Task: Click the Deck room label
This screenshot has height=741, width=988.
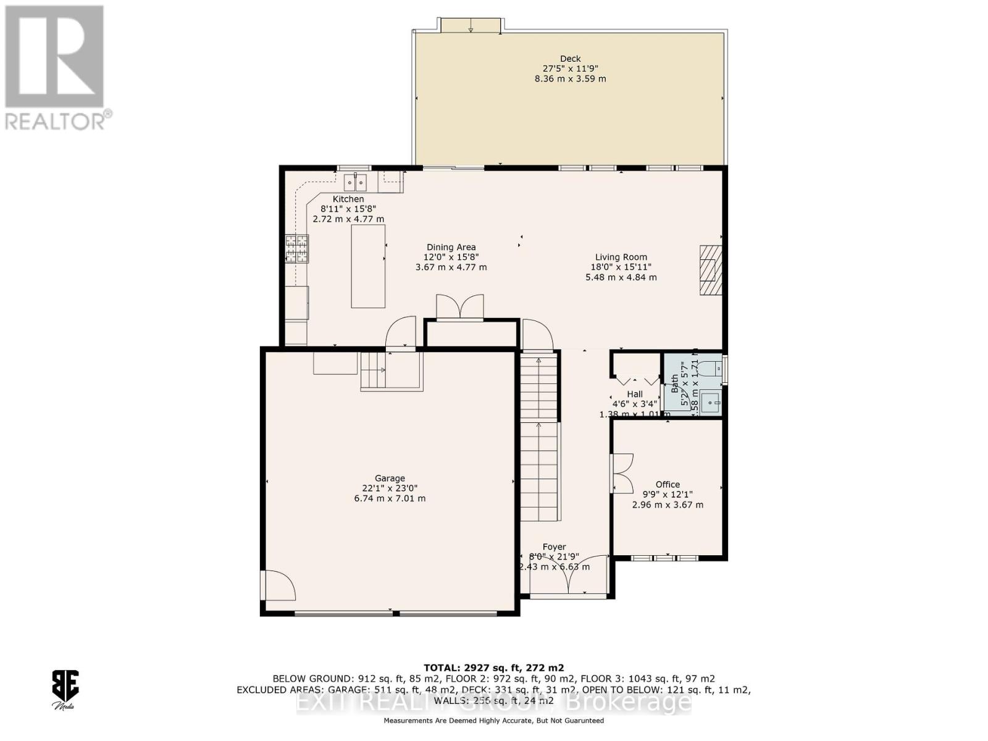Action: [570, 59]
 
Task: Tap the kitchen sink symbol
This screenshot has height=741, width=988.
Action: [355, 183]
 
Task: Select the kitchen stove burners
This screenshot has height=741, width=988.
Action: [296, 249]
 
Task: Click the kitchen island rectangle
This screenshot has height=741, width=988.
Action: [368, 266]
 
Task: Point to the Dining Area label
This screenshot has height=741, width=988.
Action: [451, 247]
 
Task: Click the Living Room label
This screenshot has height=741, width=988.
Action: [621, 257]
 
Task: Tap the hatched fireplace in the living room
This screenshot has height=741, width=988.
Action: [710, 270]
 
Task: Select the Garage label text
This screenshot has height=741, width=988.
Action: [390, 478]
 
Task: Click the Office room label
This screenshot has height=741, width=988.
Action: [668, 485]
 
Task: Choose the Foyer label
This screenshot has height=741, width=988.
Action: [554, 546]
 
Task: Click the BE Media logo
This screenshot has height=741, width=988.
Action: [64, 687]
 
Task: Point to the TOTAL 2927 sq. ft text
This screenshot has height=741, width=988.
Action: [493, 668]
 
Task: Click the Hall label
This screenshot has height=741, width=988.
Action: [634, 394]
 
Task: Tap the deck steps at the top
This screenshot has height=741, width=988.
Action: [471, 25]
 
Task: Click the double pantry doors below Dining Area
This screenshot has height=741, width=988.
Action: [459, 307]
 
